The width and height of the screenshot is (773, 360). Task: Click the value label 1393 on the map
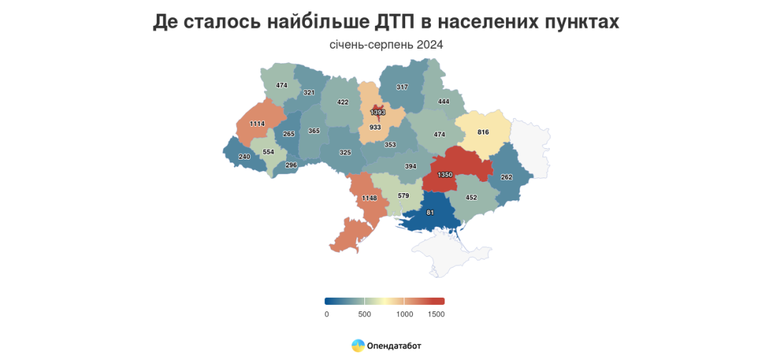tap(377, 112)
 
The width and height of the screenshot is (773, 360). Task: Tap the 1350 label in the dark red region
tap(444, 175)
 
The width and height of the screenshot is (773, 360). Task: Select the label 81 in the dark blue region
tap(429, 213)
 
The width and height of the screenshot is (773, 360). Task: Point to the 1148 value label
tap(369, 198)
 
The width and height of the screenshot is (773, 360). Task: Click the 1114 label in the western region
tap(258, 124)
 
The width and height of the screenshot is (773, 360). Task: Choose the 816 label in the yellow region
tap(483, 132)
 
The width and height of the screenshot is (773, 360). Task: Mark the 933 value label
tap(375, 127)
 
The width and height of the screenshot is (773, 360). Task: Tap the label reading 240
tap(244, 157)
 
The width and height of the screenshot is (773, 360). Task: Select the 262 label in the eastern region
tap(507, 177)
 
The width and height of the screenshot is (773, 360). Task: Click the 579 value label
tap(404, 195)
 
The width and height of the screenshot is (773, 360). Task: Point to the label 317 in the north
tap(402, 87)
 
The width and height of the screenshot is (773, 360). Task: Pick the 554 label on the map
tap(268, 152)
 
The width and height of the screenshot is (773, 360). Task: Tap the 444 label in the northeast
tap(443, 102)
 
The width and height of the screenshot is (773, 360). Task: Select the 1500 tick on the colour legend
tap(436, 314)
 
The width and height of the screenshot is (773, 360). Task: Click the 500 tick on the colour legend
tap(364, 314)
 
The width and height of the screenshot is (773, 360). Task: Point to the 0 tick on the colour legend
tap(326, 314)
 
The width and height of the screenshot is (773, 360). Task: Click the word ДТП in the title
tap(402, 22)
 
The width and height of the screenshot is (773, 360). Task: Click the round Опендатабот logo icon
tap(358, 346)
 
